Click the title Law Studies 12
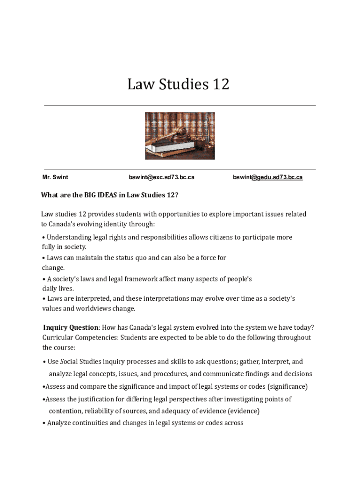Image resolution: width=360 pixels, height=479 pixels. point(178,85)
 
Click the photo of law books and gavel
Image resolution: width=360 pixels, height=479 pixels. point(180,136)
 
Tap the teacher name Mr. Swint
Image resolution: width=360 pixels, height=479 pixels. point(55,177)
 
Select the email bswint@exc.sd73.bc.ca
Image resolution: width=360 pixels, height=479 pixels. point(161,177)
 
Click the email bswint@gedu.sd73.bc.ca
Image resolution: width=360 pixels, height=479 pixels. point(267,177)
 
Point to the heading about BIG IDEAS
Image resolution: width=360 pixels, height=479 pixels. point(109,195)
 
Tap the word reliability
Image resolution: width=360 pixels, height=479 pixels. point(101,411)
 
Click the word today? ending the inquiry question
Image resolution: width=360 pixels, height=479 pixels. point(304,327)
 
